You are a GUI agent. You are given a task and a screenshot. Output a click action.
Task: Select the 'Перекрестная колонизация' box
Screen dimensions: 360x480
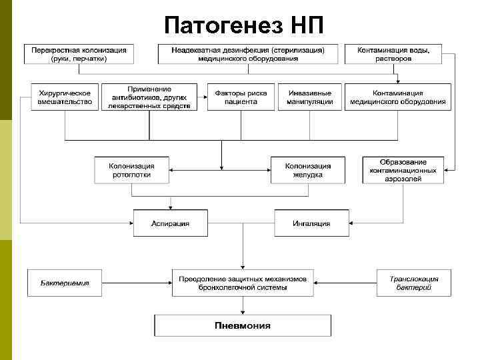point(79,54)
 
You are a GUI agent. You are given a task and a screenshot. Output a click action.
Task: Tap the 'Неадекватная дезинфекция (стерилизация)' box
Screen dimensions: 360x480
point(247,54)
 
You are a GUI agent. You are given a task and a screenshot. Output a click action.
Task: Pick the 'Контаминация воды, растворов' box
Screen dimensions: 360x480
point(393,54)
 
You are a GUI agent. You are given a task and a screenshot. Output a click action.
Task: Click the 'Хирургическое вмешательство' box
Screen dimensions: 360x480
point(65,97)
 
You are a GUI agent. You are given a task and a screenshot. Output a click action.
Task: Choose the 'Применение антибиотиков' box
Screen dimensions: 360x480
point(149,97)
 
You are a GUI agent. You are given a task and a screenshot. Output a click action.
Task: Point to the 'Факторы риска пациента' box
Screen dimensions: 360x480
point(241,97)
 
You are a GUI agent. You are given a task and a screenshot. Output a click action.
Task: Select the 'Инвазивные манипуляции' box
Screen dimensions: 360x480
point(313,97)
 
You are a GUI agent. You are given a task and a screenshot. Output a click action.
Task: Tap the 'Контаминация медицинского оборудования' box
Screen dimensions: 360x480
point(399,97)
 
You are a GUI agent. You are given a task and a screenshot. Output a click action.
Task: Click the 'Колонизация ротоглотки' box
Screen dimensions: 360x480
point(131,170)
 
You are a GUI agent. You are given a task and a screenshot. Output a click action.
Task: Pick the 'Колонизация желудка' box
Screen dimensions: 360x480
point(307,170)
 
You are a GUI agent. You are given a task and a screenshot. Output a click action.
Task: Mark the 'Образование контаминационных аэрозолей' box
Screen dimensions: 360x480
point(403,170)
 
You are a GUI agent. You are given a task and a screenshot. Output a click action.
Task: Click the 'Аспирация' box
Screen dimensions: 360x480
point(170,223)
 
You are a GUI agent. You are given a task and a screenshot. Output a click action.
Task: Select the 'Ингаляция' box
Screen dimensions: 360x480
point(311,223)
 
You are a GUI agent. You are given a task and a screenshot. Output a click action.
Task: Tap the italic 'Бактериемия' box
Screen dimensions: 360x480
point(64,283)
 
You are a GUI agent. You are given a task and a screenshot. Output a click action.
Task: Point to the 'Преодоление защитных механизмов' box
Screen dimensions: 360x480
point(243,283)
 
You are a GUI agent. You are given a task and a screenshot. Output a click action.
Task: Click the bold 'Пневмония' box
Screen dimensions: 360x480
point(243,325)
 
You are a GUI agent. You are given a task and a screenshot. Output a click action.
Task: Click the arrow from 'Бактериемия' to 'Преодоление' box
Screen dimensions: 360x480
point(137,283)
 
